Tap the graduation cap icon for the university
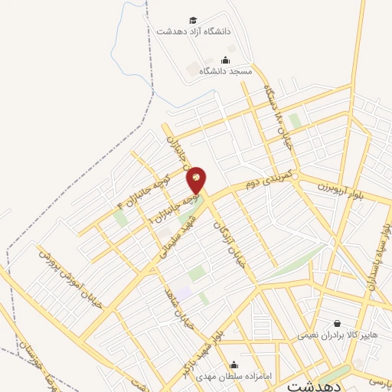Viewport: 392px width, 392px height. [x=194, y=21]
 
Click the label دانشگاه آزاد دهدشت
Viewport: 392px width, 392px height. [x=194, y=32]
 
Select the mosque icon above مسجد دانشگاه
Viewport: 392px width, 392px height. [x=225, y=60]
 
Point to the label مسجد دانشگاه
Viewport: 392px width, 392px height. [x=226, y=70]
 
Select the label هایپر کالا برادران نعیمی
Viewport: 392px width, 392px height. [x=336, y=335]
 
